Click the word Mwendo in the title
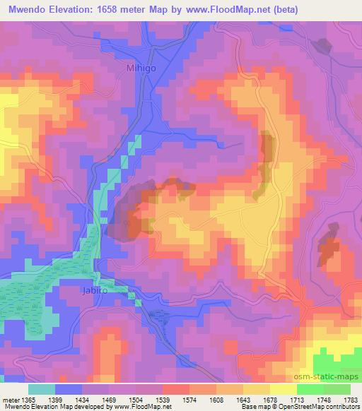[29, 10]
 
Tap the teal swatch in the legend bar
[42, 389]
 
